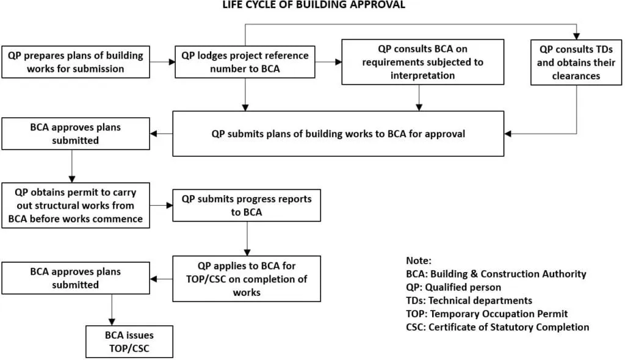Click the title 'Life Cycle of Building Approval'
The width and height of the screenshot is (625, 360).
[313, 5]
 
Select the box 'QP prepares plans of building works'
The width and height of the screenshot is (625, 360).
[76, 62]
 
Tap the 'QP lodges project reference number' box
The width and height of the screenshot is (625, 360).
[245, 62]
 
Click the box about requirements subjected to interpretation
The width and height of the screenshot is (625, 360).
[422, 62]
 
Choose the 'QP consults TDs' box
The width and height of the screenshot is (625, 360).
[576, 62]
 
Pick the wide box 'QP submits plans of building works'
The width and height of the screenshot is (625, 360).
[338, 134]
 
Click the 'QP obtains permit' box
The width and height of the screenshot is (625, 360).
[76, 206]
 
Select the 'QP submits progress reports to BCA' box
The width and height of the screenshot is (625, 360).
[246, 206]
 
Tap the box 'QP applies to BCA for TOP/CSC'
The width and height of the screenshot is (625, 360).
[246, 278]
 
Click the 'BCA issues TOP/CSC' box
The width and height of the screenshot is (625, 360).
[128, 342]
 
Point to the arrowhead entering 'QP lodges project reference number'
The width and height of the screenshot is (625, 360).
[172, 62]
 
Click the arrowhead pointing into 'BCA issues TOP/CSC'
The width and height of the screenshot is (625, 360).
[112, 322]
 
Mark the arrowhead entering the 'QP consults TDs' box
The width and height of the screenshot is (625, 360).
[576, 36]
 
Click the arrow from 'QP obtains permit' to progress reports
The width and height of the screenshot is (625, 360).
[161, 206]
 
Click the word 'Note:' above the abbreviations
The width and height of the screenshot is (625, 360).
[419, 261]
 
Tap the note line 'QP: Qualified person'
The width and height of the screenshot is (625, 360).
[453, 287]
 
